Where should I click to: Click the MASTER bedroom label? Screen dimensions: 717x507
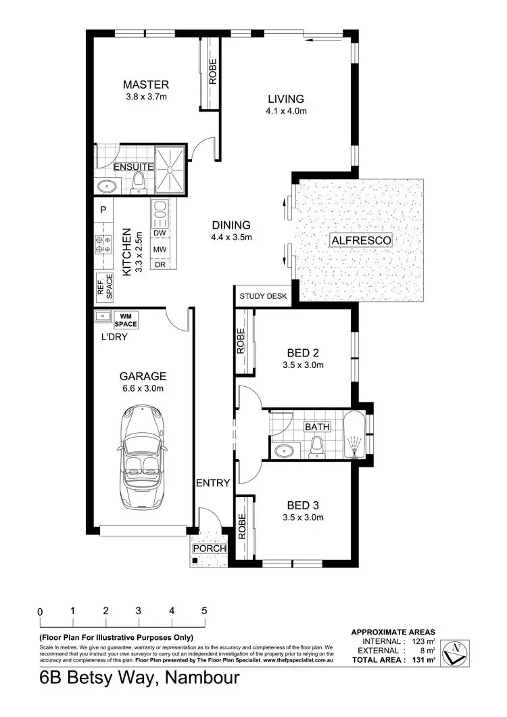tap(145, 85)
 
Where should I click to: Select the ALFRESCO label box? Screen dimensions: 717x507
tap(361, 240)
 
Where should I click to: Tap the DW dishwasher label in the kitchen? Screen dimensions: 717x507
tap(160, 233)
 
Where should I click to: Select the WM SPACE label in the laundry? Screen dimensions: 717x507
tap(125, 319)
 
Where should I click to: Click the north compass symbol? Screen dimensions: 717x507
tap(458, 652)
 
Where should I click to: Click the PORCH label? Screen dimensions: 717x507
tap(210, 548)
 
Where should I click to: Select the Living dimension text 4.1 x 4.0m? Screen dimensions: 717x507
tap(287, 111)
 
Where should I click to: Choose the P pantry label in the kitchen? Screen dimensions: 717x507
tap(103, 210)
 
